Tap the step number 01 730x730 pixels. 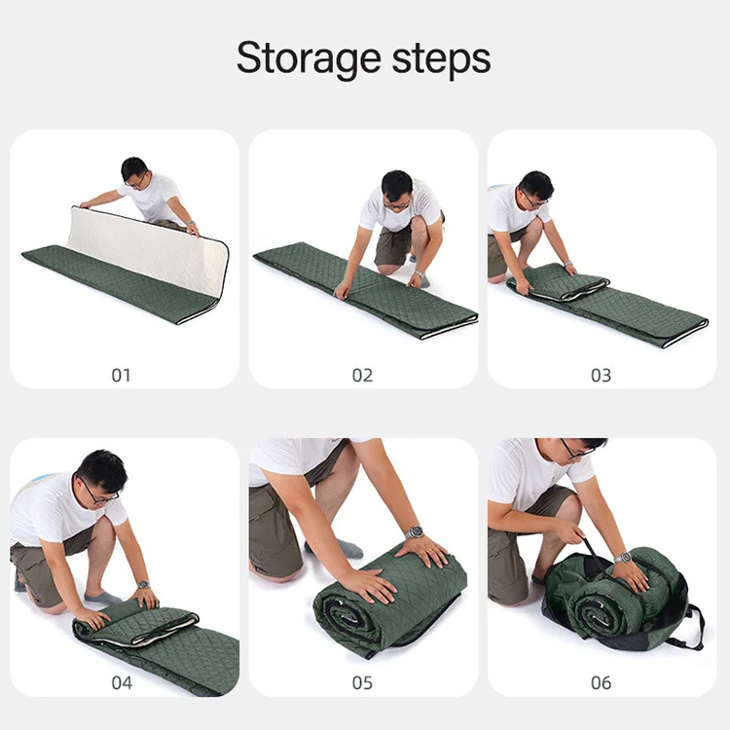(121, 375)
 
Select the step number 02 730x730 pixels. (362, 375)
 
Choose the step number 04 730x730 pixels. (121, 682)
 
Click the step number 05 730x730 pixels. (362, 682)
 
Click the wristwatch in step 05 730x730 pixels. (415, 532)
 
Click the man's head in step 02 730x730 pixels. (396, 188)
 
